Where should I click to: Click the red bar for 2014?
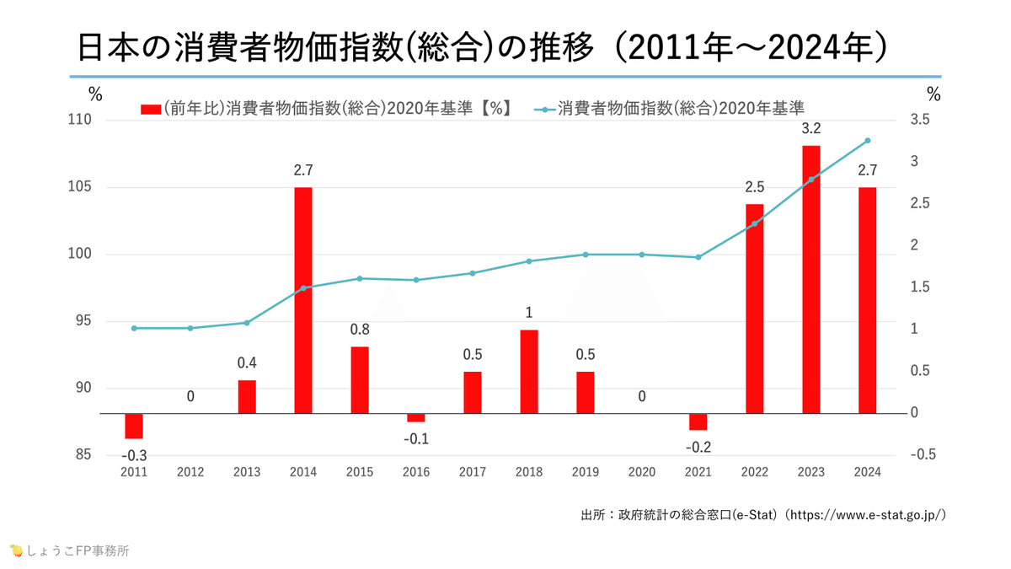point(303,300)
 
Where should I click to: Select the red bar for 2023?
point(810,279)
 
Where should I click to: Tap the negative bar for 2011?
point(134,426)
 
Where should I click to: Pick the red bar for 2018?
point(528,371)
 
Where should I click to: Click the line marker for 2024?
point(867,141)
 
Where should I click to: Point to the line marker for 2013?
point(247,323)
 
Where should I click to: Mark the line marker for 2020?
point(641,255)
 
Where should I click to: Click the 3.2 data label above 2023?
point(810,129)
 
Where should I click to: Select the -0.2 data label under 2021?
point(698,446)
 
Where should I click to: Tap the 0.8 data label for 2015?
point(360,330)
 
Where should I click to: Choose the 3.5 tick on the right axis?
point(923,121)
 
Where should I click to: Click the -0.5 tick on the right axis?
point(924,455)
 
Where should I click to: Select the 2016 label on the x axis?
point(415,472)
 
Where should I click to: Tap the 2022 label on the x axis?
point(754,472)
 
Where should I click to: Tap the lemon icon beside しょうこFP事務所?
point(15,551)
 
